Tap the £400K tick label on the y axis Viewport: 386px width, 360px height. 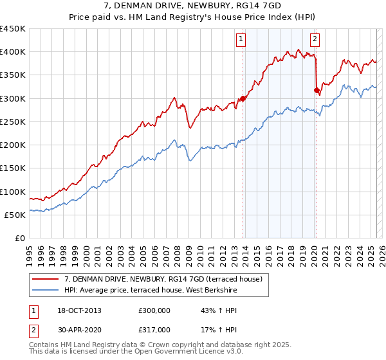(x=13, y=52)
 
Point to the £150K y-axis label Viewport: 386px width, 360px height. (x=13, y=168)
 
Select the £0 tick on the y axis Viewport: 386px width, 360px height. (x=19, y=239)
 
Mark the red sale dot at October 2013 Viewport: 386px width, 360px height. (x=243, y=99)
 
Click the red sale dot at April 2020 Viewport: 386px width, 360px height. (x=317, y=91)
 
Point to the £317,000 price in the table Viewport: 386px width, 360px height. (x=154, y=330)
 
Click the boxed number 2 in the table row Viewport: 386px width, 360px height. (x=32, y=330)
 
